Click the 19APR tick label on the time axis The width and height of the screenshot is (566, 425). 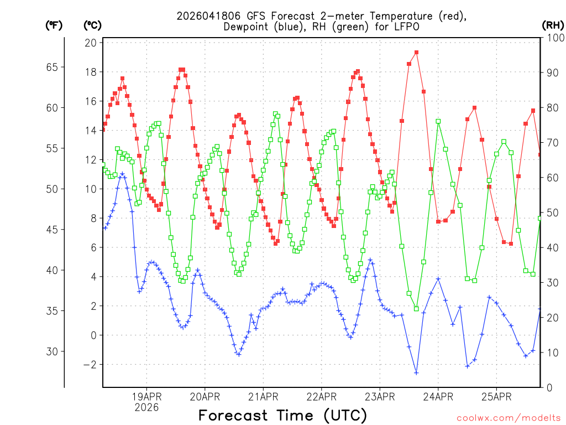pyautogui.click(x=146, y=396)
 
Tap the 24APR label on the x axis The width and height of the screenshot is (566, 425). pyautogui.click(x=438, y=396)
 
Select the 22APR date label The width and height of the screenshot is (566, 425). pyautogui.click(x=322, y=396)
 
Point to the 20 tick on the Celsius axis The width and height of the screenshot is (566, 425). pyautogui.click(x=91, y=43)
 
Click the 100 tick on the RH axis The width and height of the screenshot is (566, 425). pyautogui.click(x=553, y=38)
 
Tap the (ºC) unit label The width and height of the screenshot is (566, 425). pyautogui.click(x=92, y=25)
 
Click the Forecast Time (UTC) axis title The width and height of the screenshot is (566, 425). pyautogui.click(x=282, y=415)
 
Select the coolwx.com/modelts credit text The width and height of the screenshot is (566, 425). pyautogui.click(x=507, y=418)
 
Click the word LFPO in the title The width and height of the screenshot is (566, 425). pyautogui.click(x=406, y=27)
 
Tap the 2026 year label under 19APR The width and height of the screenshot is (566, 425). pyautogui.click(x=146, y=407)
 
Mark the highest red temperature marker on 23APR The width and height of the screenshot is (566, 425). pyautogui.click(x=416, y=53)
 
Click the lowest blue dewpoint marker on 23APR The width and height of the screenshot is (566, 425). pyautogui.click(x=416, y=373)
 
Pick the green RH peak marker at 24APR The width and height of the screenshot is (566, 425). pyautogui.click(x=438, y=121)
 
